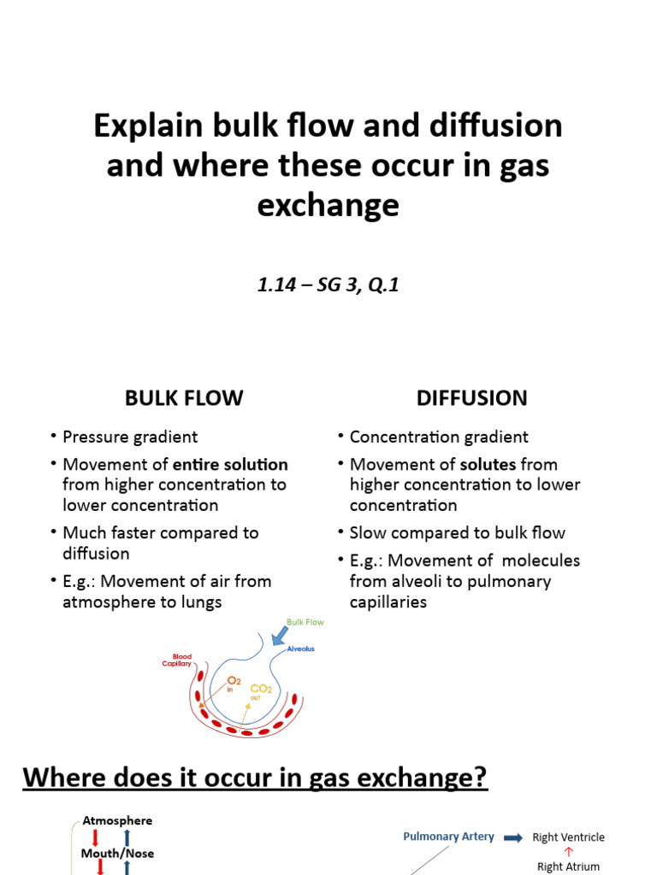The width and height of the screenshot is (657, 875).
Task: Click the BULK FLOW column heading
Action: (x=184, y=398)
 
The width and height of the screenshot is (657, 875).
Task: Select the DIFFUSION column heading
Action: (x=471, y=398)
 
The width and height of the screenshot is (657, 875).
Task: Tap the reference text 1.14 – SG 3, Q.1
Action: (x=328, y=285)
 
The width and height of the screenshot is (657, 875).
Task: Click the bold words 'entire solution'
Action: (x=230, y=465)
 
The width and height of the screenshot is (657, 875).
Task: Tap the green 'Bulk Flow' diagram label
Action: (x=305, y=623)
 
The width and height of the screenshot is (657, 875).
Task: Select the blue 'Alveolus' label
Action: (x=300, y=649)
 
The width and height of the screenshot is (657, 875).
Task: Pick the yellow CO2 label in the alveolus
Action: (x=261, y=689)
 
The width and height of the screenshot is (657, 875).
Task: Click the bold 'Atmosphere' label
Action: (x=117, y=820)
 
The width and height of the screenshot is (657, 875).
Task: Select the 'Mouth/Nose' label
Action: (x=117, y=853)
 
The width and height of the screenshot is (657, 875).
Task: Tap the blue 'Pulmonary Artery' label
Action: (x=448, y=837)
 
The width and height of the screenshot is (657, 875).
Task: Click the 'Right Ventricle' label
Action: (x=568, y=837)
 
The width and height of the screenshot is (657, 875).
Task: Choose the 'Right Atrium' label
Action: (x=568, y=866)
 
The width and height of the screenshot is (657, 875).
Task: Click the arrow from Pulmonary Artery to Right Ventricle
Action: (x=512, y=837)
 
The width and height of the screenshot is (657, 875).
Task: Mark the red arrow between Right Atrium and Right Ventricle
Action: (x=568, y=852)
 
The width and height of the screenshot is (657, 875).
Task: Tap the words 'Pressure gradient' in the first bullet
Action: (x=130, y=437)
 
